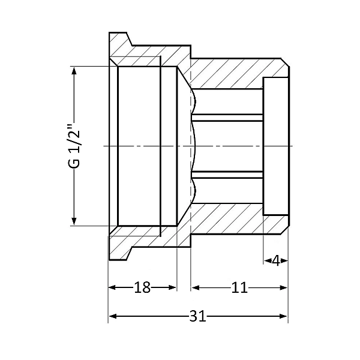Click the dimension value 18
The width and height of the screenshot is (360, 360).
(x=142, y=288)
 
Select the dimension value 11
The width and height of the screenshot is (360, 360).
(x=239, y=288)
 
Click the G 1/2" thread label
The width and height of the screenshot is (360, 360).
(x=74, y=146)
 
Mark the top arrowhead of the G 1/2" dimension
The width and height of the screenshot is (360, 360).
(x=74, y=71)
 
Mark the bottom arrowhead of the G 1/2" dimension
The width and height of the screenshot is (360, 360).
(x=74, y=221)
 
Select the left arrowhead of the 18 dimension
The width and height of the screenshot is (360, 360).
(x=112, y=288)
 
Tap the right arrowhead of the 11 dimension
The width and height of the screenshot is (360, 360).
(x=284, y=288)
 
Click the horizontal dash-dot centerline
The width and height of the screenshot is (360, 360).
(x=240, y=146)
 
